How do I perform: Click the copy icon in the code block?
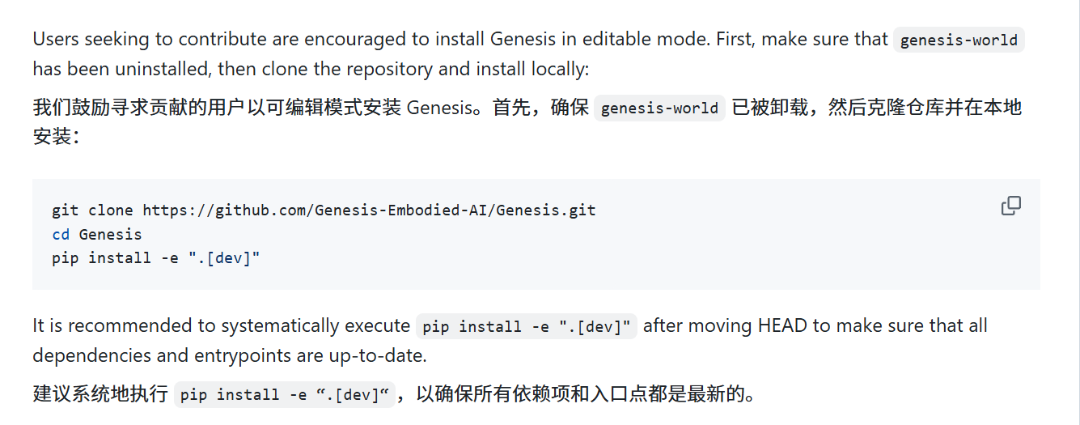1010,206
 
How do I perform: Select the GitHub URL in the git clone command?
369,210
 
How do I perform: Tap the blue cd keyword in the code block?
61,235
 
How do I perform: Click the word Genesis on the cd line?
110,235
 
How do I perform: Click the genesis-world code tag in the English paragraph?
959,40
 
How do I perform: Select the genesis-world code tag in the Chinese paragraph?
659,108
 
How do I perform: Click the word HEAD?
783,325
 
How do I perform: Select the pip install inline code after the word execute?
527,326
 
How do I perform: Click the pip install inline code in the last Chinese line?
285,395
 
